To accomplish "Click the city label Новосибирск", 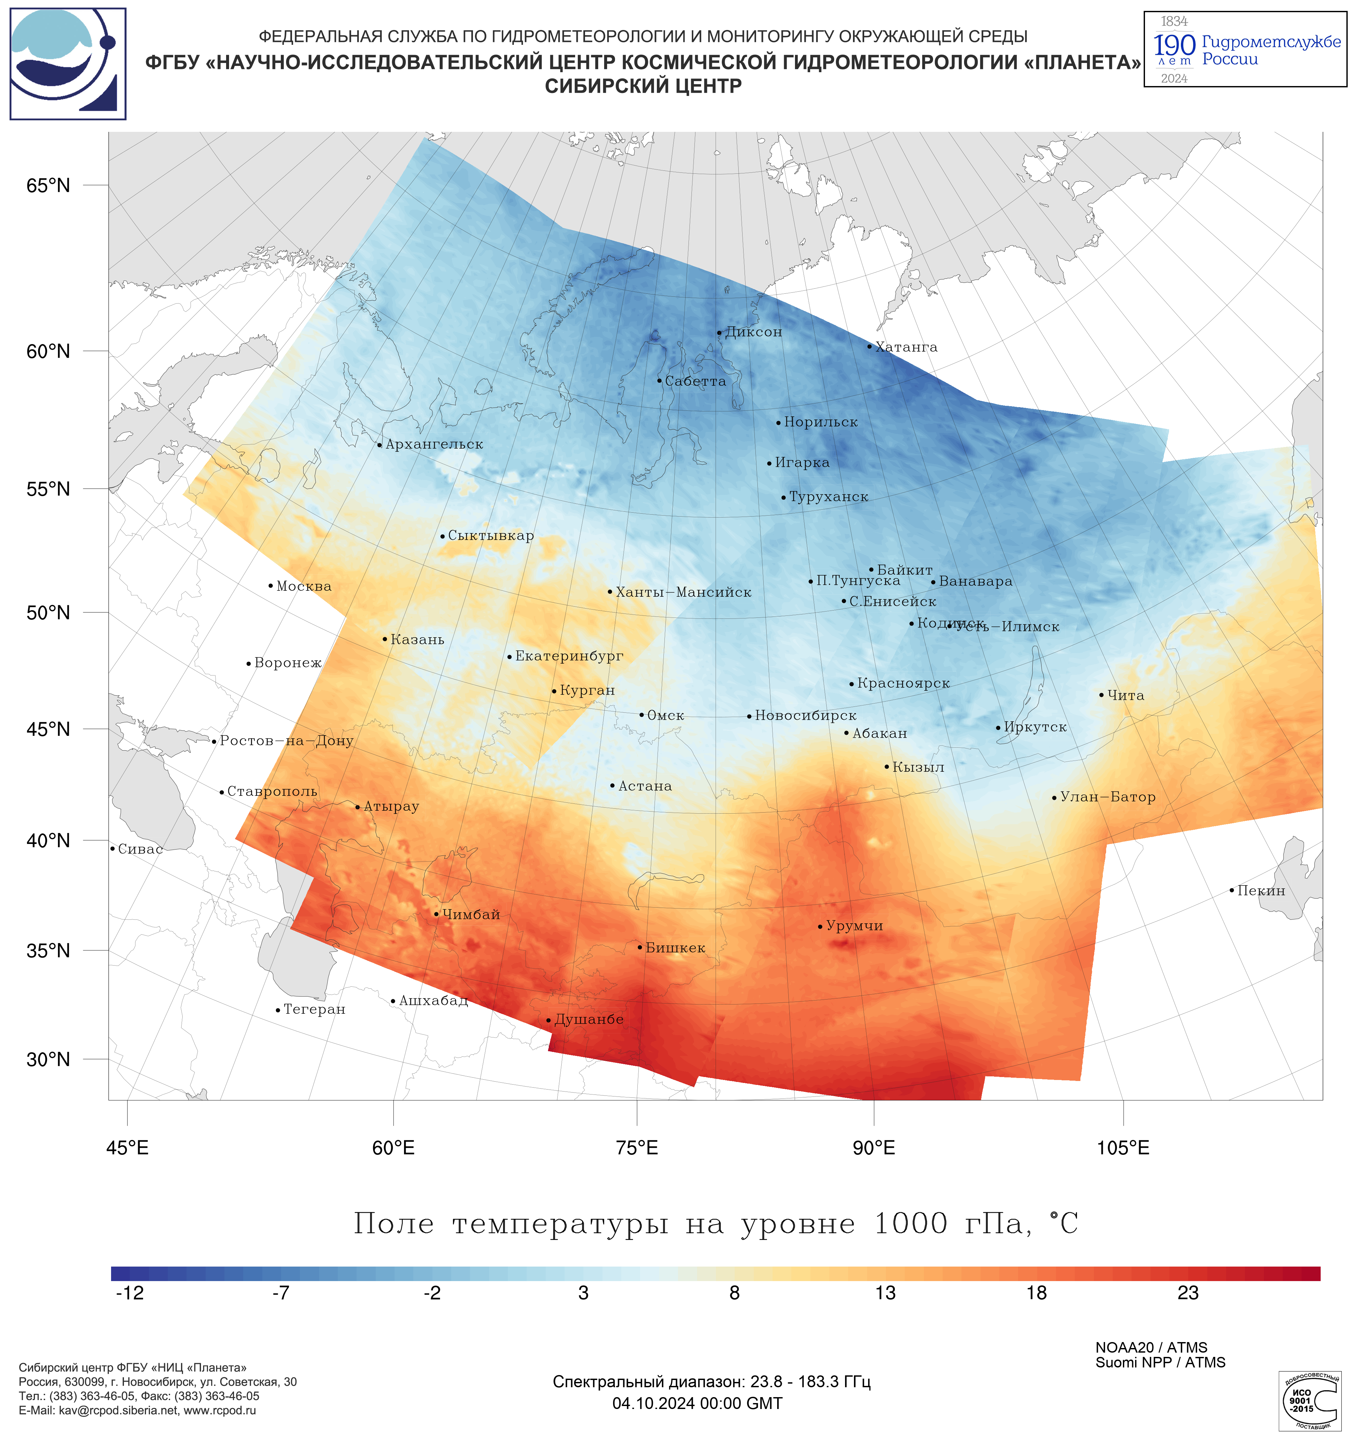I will click(x=805, y=715).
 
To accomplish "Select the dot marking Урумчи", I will click(x=820, y=927).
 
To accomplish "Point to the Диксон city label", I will click(x=753, y=332).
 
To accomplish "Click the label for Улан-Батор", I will click(x=1107, y=797).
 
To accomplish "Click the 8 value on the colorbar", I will click(x=735, y=1293).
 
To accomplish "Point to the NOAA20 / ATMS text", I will click(x=1151, y=1348).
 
